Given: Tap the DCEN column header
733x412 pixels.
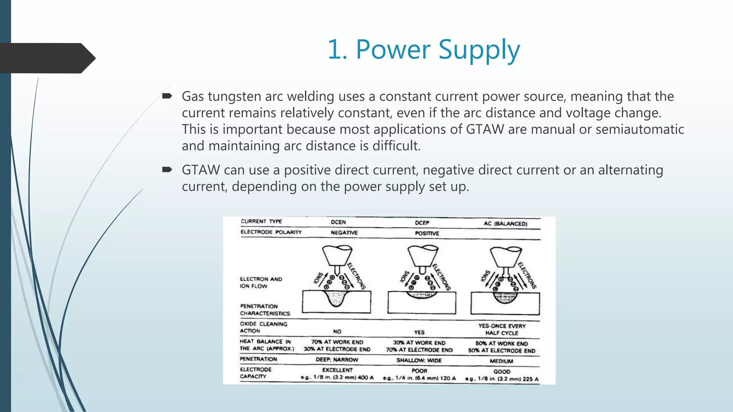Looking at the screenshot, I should [x=338, y=222].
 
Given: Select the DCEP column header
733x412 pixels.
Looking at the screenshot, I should [x=422, y=223].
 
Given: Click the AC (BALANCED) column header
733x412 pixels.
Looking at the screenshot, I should [x=505, y=224].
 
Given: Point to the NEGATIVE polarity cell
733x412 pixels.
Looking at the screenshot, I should [x=344, y=233].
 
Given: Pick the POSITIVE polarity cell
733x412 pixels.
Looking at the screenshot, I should [x=427, y=234].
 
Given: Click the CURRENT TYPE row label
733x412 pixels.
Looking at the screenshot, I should [x=261, y=221].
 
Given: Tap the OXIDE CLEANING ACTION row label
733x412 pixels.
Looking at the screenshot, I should [x=263, y=327].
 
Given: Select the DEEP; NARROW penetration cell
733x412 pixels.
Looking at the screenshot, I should [x=337, y=359].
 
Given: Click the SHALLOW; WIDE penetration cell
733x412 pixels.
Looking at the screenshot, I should [x=419, y=360].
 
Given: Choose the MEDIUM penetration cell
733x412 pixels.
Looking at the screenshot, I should [x=501, y=361].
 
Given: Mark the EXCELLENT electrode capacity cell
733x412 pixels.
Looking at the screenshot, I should [x=337, y=370].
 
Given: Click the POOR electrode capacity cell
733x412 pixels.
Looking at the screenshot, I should [x=419, y=371].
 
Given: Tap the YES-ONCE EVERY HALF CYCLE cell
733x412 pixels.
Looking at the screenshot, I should [x=502, y=329].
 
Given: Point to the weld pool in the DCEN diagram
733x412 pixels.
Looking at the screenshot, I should [x=336, y=298].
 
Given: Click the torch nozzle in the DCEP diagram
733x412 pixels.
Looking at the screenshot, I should [x=423, y=255].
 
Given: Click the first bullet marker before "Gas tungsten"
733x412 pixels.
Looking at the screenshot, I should [x=167, y=96].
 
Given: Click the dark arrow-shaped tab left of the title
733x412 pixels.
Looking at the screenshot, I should [x=47, y=58].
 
